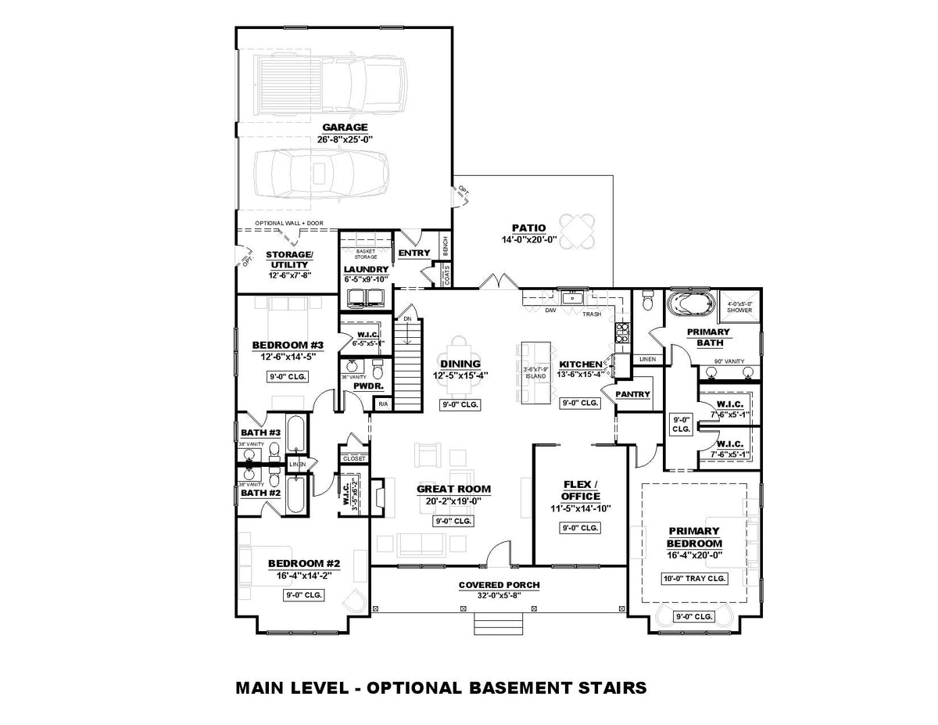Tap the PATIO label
528,228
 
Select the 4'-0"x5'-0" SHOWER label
739,307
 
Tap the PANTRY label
632,394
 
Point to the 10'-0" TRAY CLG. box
693,579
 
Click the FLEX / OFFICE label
580,490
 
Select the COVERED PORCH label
499,585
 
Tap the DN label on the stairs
406,318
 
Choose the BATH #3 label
260,432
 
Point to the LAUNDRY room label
366,269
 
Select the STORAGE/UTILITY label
289,260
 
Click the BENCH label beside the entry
445,246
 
